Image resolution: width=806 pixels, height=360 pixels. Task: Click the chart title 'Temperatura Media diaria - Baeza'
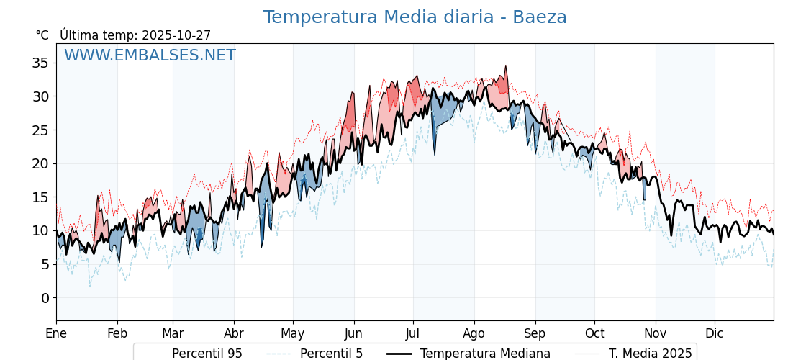coord(415,17)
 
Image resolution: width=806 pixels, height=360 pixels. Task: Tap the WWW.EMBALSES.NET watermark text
coord(150,55)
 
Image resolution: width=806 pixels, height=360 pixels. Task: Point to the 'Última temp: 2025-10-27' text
coord(135,35)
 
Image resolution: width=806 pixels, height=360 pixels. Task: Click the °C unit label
coord(42,35)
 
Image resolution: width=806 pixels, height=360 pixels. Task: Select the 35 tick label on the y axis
coord(40,63)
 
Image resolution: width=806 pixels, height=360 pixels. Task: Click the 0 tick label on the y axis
coord(45,298)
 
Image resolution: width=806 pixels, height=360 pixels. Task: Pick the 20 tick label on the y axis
coord(40,164)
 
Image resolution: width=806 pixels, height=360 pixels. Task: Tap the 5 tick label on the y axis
coord(45,265)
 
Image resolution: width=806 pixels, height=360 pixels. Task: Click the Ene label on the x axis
coord(56,334)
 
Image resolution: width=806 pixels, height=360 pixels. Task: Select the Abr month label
coord(234,334)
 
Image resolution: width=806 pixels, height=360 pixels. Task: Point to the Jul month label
coord(413,334)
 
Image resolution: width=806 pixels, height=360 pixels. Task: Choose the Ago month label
coord(474,334)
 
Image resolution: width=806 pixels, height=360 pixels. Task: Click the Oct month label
coord(594,334)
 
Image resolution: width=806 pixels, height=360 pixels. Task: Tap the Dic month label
coord(715,334)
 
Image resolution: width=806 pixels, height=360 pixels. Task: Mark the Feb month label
coord(117,334)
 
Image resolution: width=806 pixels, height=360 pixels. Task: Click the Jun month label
coord(353,334)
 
